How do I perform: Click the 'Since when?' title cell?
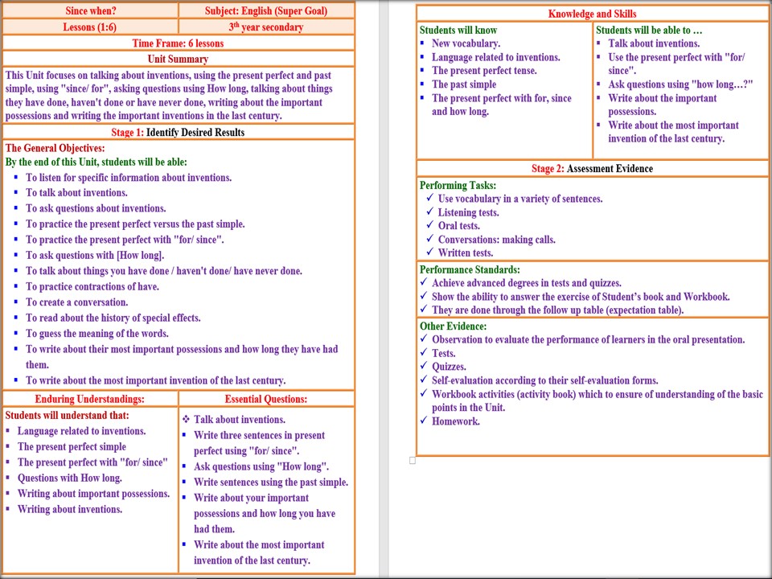90,11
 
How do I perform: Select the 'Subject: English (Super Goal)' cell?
265,11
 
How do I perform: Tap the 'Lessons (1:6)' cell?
90,27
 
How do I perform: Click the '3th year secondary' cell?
265,27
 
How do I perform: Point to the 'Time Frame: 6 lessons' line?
179,43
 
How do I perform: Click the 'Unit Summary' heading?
179,59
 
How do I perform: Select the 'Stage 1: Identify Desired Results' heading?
179,132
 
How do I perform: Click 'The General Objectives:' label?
55,148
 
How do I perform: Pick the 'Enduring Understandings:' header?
90,399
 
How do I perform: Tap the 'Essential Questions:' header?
266,399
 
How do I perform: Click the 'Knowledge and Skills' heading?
592,14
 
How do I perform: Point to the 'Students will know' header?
458,31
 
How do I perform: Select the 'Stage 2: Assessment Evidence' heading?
592,169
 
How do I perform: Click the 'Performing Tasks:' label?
458,186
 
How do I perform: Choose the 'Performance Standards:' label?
470,270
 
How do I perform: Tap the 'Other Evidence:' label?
453,326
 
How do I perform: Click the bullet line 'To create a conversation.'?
77,302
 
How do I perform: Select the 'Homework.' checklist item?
456,421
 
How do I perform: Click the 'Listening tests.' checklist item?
468,213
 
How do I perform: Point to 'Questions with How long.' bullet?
70,478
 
